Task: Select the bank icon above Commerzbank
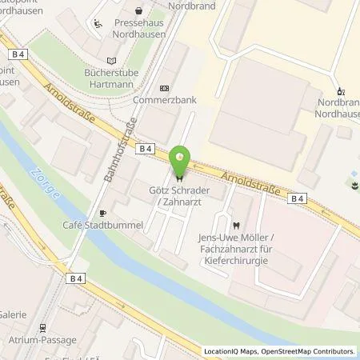pyautogui.click(x=164, y=88)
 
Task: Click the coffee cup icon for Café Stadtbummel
pyautogui.click(x=102, y=213)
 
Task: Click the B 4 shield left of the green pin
pyautogui.click(x=144, y=148)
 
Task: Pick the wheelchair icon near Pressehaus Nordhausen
pyautogui.click(x=98, y=24)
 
